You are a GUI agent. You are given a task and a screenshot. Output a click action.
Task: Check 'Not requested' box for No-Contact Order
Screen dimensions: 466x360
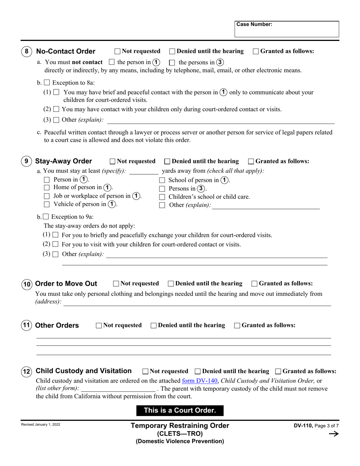click(x=117, y=52)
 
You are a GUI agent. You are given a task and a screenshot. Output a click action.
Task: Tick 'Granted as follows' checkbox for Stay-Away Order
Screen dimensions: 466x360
click(x=251, y=161)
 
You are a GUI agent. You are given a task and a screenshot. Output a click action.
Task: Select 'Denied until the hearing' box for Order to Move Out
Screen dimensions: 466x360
click(x=171, y=284)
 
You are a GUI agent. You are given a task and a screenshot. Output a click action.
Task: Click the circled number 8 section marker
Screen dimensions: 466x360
click(x=26, y=52)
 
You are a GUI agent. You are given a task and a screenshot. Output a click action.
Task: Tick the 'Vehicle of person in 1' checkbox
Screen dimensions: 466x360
click(x=47, y=205)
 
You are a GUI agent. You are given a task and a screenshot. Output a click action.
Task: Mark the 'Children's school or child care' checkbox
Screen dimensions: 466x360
click(x=162, y=197)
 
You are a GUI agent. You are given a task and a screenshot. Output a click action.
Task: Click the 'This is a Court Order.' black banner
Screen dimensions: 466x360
click(x=180, y=410)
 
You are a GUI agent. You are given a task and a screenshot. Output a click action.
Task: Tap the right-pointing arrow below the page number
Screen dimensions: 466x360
click(x=333, y=434)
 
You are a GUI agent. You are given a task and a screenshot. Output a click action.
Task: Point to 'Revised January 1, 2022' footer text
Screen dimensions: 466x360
click(x=41, y=425)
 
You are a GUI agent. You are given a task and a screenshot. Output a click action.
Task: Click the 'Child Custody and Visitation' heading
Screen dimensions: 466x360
click(x=83, y=371)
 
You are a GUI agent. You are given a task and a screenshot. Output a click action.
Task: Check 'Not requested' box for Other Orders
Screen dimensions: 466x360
click(x=99, y=325)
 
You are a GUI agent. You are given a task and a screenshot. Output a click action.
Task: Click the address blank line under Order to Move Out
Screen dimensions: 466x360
click(x=197, y=303)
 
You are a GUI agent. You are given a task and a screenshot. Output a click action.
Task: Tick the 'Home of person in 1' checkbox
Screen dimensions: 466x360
click(x=47, y=188)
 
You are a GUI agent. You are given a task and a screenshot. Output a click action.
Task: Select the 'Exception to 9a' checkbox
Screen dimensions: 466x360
click(x=46, y=217)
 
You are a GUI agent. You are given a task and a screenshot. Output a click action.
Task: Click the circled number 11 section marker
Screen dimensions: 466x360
click(x=26, y=325)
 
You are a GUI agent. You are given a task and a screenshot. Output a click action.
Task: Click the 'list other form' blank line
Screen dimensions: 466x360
click(x=118, y=389)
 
